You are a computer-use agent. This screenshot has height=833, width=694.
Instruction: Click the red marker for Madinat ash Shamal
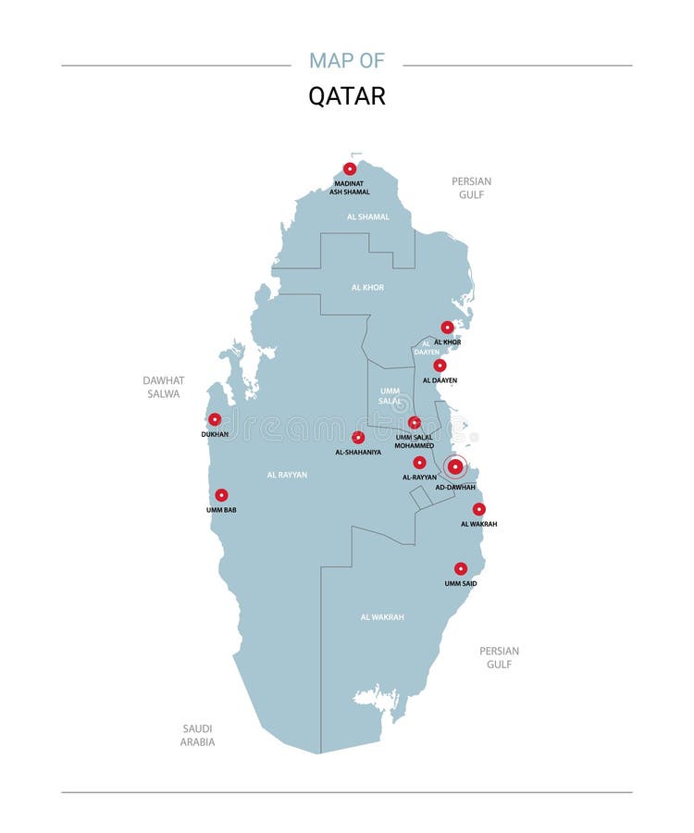[x=350, y=168]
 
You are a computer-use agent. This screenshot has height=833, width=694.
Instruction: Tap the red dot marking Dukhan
[x=215, y=419]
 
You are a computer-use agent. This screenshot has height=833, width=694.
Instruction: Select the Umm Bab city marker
[x=221, y=495]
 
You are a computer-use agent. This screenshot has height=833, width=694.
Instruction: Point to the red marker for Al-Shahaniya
[x=358, y=438]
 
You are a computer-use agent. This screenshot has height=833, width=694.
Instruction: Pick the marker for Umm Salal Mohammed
[x=415, y=423]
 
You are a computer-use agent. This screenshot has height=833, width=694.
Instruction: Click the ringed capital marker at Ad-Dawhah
[x=455, y=466]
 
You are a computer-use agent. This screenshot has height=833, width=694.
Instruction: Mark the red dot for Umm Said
[x=461, y=569]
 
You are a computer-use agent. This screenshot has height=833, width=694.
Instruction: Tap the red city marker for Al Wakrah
[x=478, y=509]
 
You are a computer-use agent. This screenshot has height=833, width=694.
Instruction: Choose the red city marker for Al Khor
[x=447, y=328]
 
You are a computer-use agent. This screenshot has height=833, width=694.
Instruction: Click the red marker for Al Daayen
[x=440, y=366]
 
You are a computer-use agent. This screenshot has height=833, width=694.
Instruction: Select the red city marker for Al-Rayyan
[x=419, y=462]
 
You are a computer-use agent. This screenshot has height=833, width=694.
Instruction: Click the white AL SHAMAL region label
[x=368, y=217]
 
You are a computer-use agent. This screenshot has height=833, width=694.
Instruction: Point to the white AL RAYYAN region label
[x=287, y=475]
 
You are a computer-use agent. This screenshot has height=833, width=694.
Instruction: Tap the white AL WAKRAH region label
[x=382, y=616]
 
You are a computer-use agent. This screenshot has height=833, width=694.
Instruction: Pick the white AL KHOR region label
[x=367, y=288]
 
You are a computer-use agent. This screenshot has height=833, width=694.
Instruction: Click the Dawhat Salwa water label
[x=164, y=387]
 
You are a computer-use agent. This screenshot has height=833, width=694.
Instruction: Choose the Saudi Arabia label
[x=198, y=735]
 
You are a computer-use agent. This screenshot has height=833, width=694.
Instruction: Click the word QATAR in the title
[x=347, y=96]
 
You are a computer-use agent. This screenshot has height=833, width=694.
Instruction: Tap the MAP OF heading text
[x=347, y=61]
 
